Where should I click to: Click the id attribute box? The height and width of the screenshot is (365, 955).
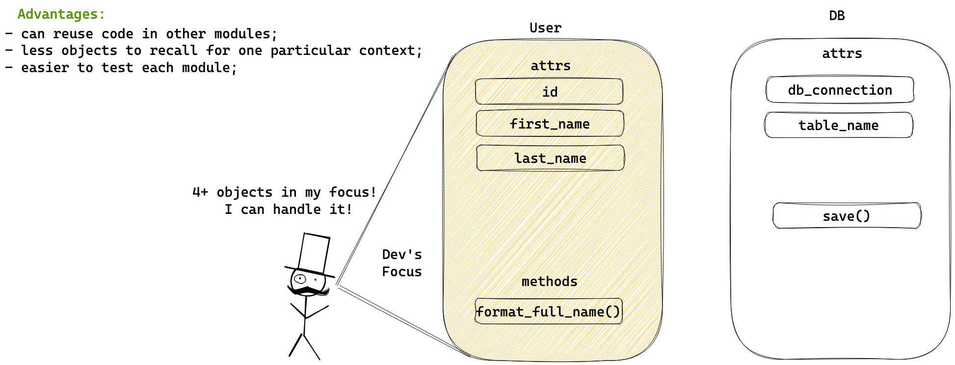549,92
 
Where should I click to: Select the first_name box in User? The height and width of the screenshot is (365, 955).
550,124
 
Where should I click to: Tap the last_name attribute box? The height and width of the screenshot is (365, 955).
550,158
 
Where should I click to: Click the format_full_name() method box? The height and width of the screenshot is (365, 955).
549,312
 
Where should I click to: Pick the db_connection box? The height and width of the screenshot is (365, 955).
840,90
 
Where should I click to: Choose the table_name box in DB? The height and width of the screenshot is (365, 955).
839,125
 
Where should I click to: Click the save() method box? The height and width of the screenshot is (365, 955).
847,216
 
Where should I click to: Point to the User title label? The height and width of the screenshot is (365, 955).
545,28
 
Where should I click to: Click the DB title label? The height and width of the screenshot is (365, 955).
837,16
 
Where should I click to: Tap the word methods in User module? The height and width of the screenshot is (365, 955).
549,282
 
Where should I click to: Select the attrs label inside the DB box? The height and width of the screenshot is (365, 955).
842,53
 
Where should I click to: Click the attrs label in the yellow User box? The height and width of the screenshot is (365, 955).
551,66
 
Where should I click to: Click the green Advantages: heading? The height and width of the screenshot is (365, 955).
61,14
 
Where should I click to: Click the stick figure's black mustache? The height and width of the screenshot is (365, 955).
308,291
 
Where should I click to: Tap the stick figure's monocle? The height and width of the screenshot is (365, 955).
300,279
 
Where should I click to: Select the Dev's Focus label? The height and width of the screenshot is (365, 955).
402,263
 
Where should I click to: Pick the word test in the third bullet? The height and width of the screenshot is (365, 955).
117,68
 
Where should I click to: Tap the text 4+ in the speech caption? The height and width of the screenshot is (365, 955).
200,192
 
